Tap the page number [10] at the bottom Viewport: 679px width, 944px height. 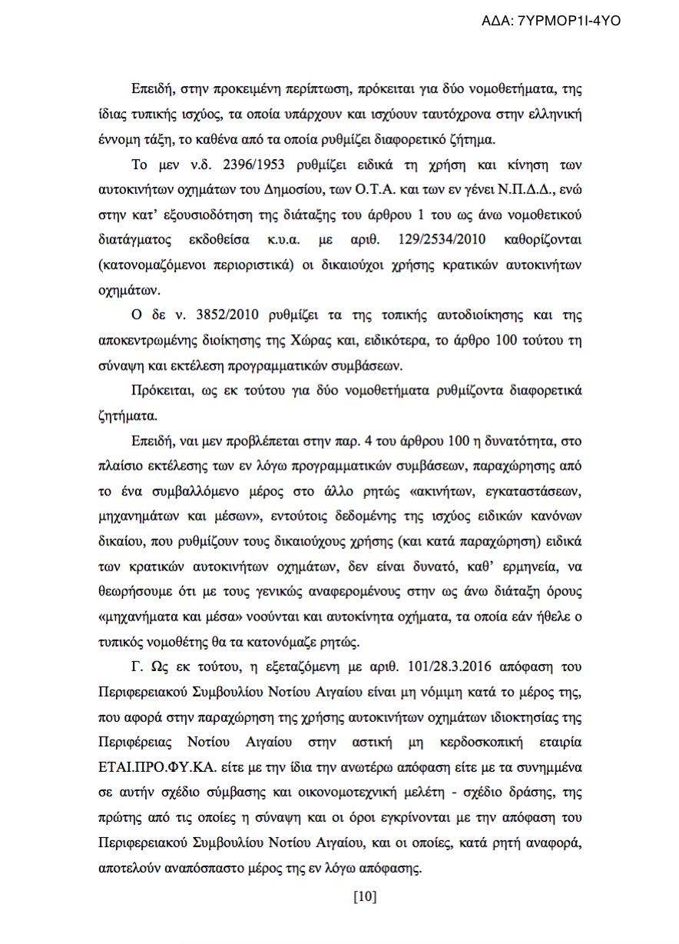coord(364,896)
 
